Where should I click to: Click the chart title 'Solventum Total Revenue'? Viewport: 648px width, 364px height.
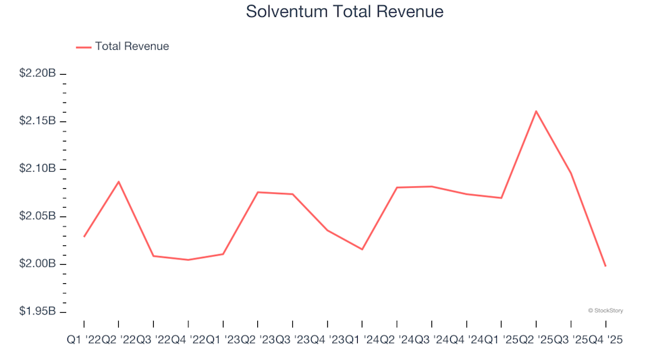[344, 12]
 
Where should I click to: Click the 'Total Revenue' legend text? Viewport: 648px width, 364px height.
[132, 47]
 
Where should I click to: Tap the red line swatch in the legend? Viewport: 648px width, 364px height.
[84, 47]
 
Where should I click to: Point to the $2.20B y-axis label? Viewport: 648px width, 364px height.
[37, 73]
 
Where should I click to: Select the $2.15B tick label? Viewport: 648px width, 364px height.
[37, 121]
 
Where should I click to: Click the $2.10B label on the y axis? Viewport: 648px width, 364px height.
[37, 169]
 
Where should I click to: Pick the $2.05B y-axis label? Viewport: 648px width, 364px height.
[37, 216]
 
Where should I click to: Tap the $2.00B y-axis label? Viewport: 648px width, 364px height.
[37, 264]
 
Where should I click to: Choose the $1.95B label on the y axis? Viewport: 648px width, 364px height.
[37, 312]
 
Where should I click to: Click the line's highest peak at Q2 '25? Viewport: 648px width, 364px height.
[536, 111]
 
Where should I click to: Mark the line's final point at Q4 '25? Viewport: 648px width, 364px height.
[605, 266]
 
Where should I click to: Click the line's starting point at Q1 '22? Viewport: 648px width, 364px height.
[84, 237]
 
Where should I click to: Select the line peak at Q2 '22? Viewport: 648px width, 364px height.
[119, 181]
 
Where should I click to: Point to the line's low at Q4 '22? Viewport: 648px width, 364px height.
[188, 260]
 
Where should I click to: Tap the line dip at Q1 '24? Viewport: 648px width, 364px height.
[362, 249]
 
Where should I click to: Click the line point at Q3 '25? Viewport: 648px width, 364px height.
[571, 173]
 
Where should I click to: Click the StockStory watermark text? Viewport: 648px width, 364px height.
[605, 311]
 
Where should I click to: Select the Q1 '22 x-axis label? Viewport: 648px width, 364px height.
[84, 341]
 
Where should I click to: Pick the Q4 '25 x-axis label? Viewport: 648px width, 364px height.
[605, 341]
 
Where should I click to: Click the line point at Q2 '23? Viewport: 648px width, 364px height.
[258, 192]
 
